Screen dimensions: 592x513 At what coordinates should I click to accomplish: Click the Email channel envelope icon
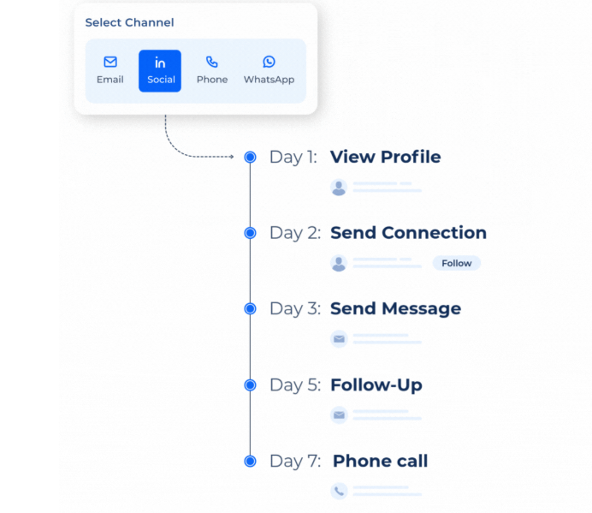[x=110, y=62]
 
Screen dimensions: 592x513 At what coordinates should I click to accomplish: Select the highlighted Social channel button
[x=160, y=71]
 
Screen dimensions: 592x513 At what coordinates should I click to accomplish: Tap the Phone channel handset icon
[x=212, y=62]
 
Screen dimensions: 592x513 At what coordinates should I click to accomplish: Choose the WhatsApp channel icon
[x=269, y=62]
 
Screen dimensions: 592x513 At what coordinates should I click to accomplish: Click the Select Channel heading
[x=129, y=22]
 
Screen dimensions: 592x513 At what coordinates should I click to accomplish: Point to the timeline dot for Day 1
[x=250, y=157]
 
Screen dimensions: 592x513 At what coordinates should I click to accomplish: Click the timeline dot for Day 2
[x=250, y=233]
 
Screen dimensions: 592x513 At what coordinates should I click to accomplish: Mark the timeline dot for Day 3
[x=250, y=309]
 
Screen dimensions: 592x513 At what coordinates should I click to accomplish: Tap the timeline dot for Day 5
[x=250, y=385]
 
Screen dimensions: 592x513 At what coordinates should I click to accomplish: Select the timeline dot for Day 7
[x=250, y=462]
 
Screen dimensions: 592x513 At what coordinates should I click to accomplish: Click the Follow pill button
[x=457, y=263]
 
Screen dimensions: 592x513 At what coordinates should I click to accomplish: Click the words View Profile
[x=386, y=157]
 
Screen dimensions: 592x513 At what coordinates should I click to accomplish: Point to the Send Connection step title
[x=409, y=233]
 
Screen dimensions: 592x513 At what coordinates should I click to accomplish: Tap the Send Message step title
[x=396, y=309]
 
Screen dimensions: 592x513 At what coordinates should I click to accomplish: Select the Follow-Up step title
[x=376, y=385]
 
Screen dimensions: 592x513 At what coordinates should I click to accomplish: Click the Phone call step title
[x=380, y=462]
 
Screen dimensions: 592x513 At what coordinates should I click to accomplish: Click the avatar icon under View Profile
[x=339, y=188]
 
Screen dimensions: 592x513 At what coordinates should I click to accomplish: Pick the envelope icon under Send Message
[x=339, y=339]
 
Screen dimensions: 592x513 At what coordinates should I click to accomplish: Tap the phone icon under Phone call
[x=339, y=491]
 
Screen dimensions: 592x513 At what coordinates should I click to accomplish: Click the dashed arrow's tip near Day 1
[x=234, y=157]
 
